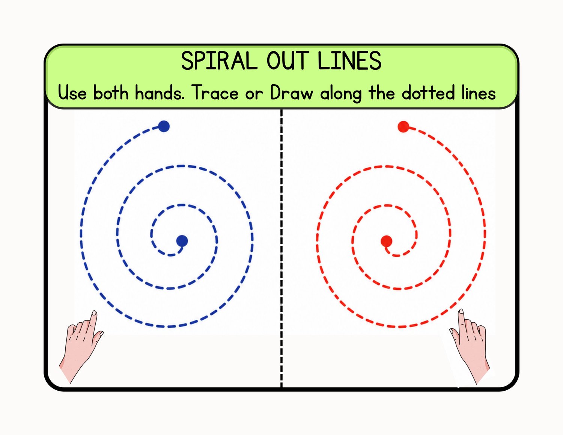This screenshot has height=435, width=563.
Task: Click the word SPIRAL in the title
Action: click(x=220, y=61)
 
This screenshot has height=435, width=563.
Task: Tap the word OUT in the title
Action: click(x=288, y=61)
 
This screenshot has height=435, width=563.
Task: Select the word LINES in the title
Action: click(x=350, y=61)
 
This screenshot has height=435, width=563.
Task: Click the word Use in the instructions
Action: click(x=72, y=92)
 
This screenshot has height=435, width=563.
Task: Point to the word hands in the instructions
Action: click(x=160, y=92)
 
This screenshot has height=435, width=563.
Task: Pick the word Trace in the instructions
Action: click(x=215, y=92)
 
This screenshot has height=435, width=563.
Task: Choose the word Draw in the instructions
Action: click(x=292, y=92)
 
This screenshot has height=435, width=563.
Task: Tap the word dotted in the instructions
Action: click(x=428, y=92)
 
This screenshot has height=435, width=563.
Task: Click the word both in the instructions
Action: click(x=111, y=92)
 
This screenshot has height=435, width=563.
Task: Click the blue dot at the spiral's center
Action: click(x=182, y=241)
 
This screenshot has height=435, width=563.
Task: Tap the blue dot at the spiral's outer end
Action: click(x=164, y=126)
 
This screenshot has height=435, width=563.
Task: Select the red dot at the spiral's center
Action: click(x=386, y=241)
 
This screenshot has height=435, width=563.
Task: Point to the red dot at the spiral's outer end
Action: click(x=403, y=127)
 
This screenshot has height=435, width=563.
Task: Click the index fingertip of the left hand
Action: click(x=94, y=313)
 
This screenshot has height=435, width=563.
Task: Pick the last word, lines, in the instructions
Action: click(x=479, y=92)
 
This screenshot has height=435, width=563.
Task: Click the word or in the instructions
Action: click(x=254, y=94)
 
